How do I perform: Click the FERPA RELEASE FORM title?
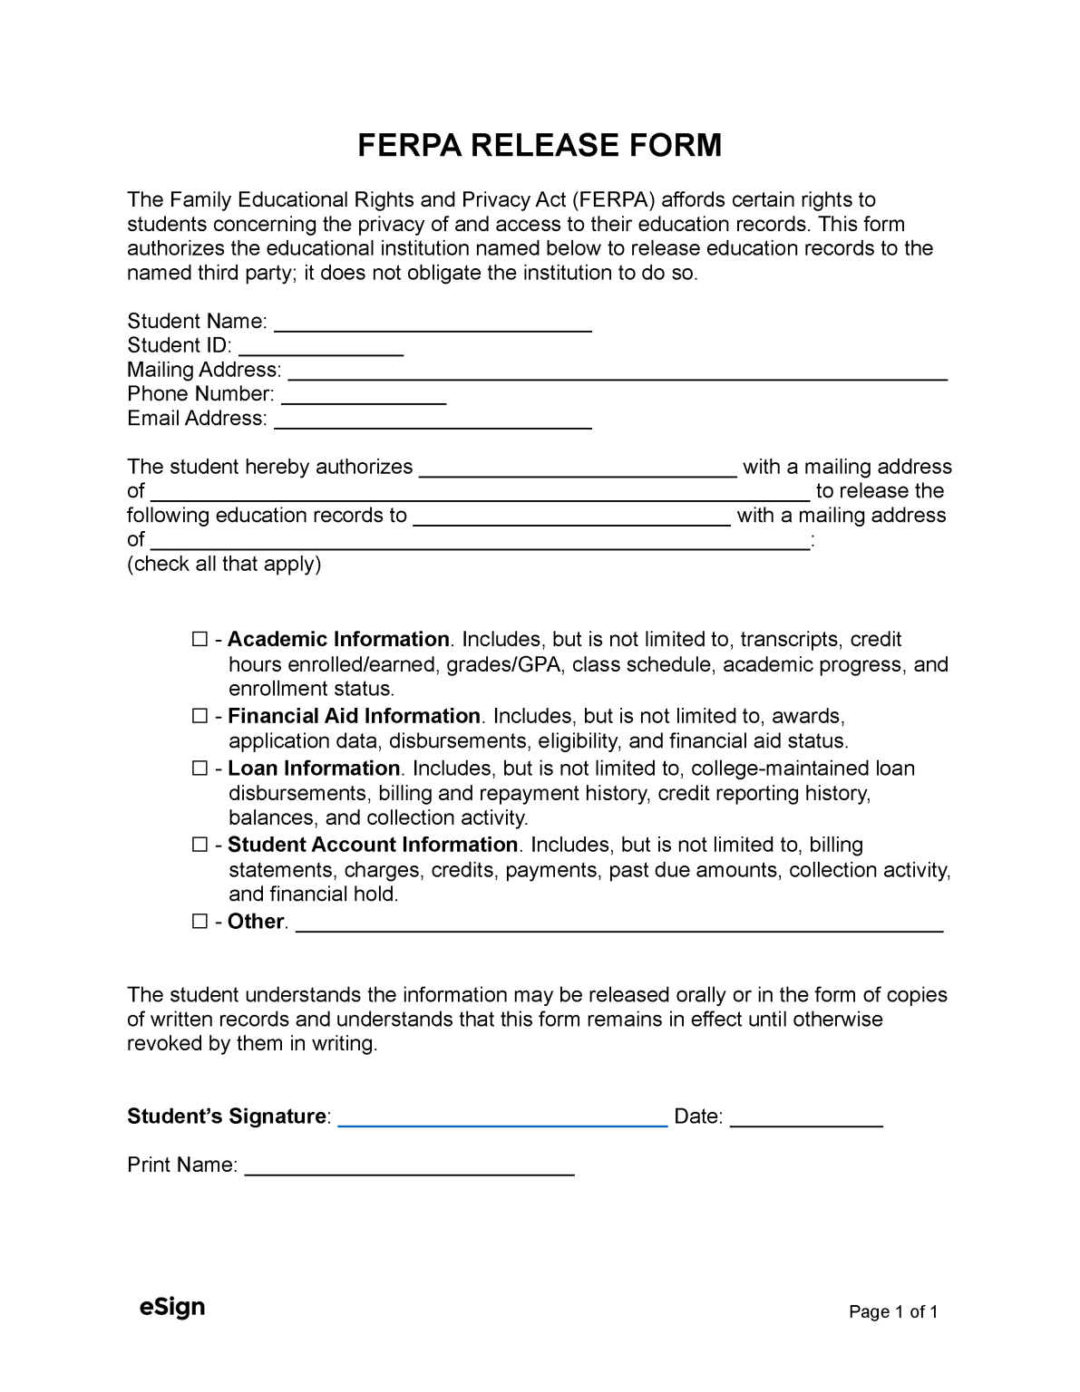[x=540, y=145]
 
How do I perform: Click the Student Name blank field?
[x=433, y=324]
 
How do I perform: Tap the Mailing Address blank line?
[x=618, y=372]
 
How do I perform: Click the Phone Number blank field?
[x=365, y=397]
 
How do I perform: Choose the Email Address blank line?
[x=433, y=421]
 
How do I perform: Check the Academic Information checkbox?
[x=200, y=641]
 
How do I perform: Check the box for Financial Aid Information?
[x=200, y=717]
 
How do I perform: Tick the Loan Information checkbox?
[x=200, y=769]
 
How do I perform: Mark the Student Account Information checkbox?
[x=200, y=846]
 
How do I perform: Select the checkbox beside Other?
[x=200, y=923]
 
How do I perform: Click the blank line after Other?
[x=620, y=925]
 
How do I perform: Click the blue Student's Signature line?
[x=502, y=1119]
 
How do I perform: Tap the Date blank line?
[x=806, y=1119]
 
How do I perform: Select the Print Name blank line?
[x=410, y=1168]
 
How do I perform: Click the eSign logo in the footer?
[x=171, y=1307]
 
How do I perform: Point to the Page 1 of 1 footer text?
[x=892, y=1312]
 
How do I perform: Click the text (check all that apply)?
[x=224, y=565]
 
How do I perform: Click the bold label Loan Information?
[x=314, y=768]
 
